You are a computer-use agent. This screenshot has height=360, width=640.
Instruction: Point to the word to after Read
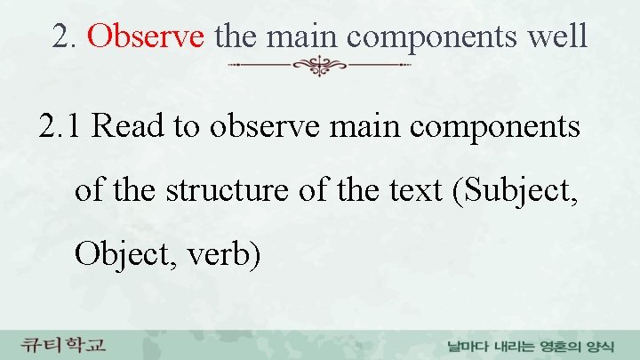[187, 127]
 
